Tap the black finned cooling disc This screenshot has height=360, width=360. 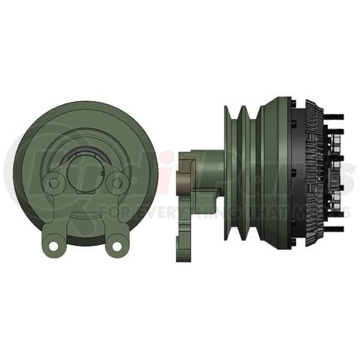tap(314, 178)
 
